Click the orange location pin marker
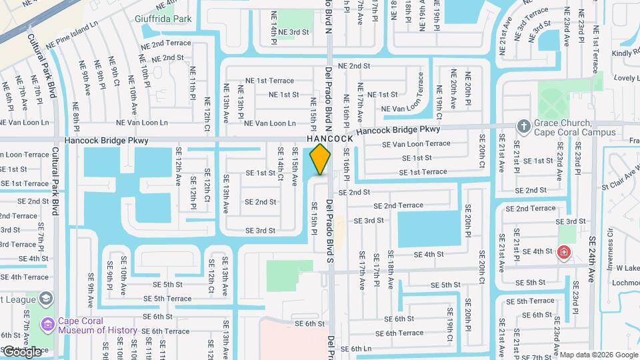320,159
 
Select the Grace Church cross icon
524,126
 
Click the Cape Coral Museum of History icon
47,325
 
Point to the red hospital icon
564,252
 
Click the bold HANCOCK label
329,138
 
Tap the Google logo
22,351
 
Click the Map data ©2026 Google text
598,355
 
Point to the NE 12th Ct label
207,113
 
